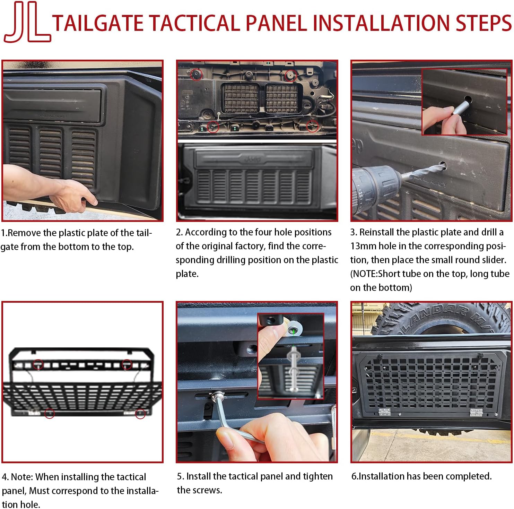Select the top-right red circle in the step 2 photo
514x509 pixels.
pos(290,75)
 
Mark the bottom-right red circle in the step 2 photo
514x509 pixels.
pos(312,126)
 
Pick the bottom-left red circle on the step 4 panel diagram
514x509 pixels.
pos(50,413)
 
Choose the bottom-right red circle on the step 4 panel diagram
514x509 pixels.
pos(140,414)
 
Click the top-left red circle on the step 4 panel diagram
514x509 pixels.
pos(38,364)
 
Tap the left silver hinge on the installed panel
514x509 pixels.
pos(384,412)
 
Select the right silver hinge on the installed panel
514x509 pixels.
pos(476,412)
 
